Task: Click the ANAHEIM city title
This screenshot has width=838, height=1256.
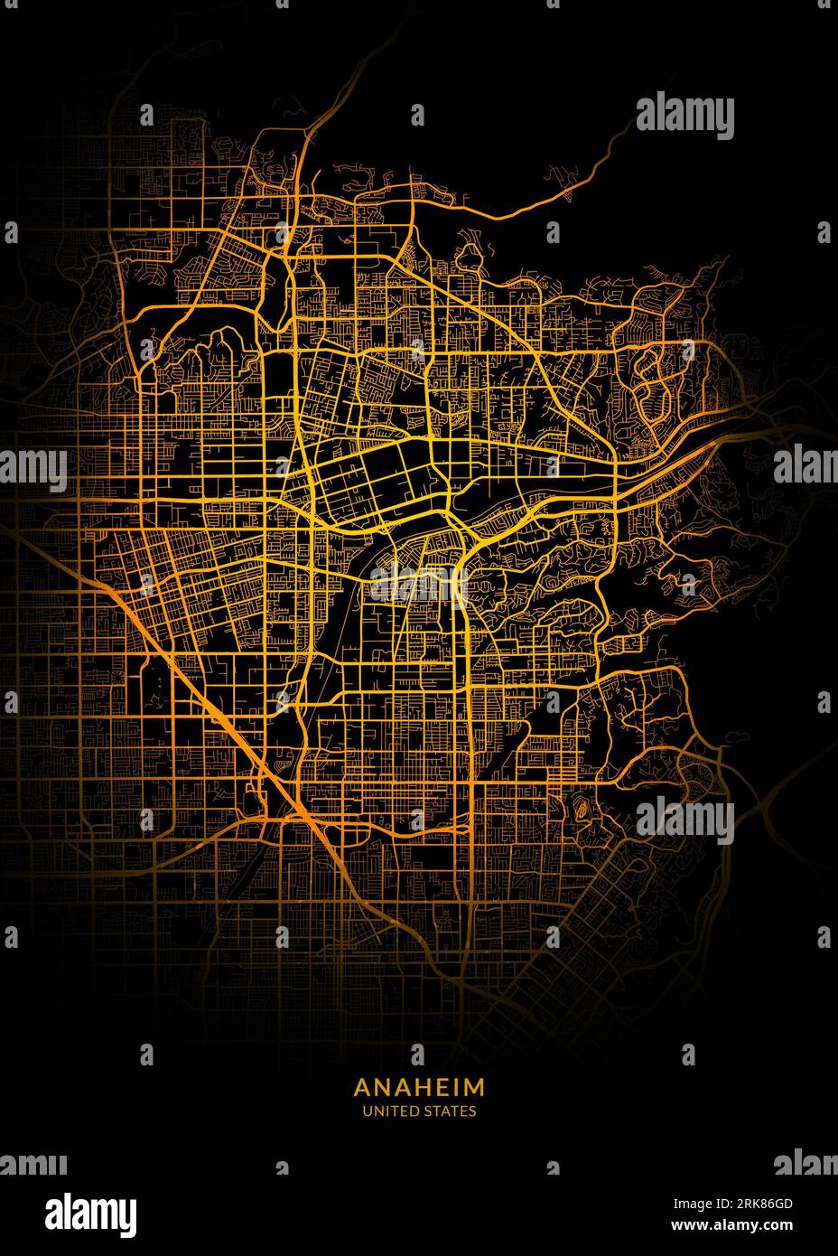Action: pos(419,1085)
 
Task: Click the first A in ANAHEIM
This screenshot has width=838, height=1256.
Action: pos(361,1085)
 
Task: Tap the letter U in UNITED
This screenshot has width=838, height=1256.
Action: pos(367,1111)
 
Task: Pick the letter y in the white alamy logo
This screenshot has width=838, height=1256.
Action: pos(127,1214)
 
